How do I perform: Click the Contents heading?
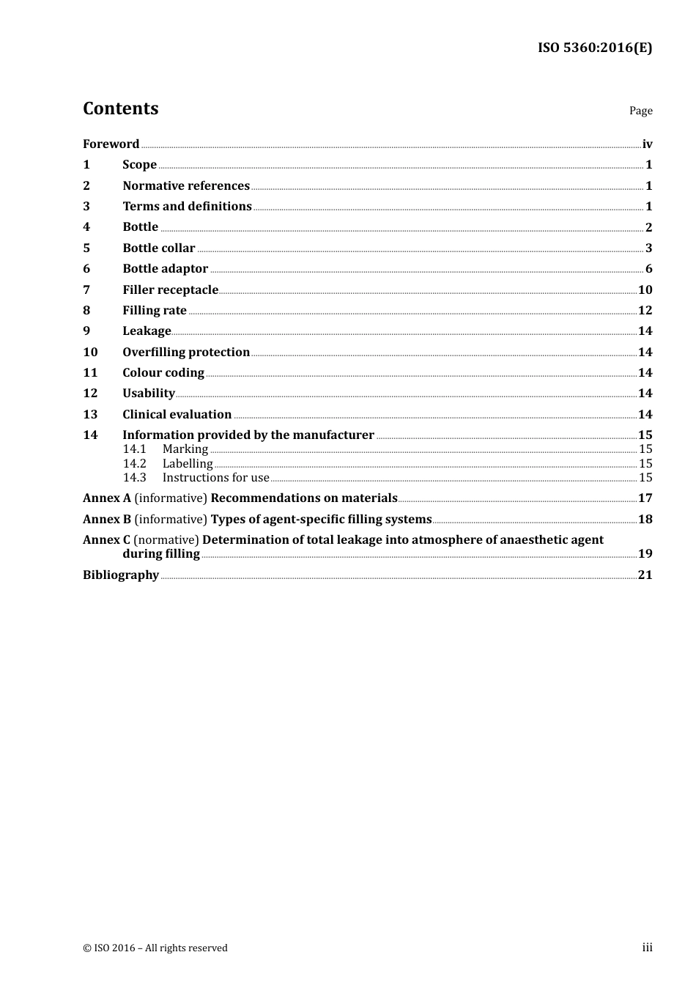pos(120,108)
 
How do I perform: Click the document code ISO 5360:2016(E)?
pos(594,48)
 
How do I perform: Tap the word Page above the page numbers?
pos(640,111)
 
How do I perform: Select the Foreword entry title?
pos(111,144)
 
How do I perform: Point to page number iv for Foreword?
pos(647,144)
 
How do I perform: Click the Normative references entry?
pos(186,185)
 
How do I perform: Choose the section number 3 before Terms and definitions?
pos(86,206)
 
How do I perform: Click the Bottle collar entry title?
pos(159,248)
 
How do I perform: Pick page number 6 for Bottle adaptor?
pos(648,268)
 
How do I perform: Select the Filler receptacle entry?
pos(170,289)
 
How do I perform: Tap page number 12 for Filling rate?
pos(645,310)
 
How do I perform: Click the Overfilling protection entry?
pos(186,352)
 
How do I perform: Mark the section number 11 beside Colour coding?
pos(90,372)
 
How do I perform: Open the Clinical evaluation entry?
pos(177,414)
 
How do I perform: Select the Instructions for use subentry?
pos(215,477)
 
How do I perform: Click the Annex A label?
pos(107,498)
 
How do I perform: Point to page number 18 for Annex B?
pos(645,519)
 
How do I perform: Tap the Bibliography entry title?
pos(121,575)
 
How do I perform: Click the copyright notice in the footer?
pos(155,948)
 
